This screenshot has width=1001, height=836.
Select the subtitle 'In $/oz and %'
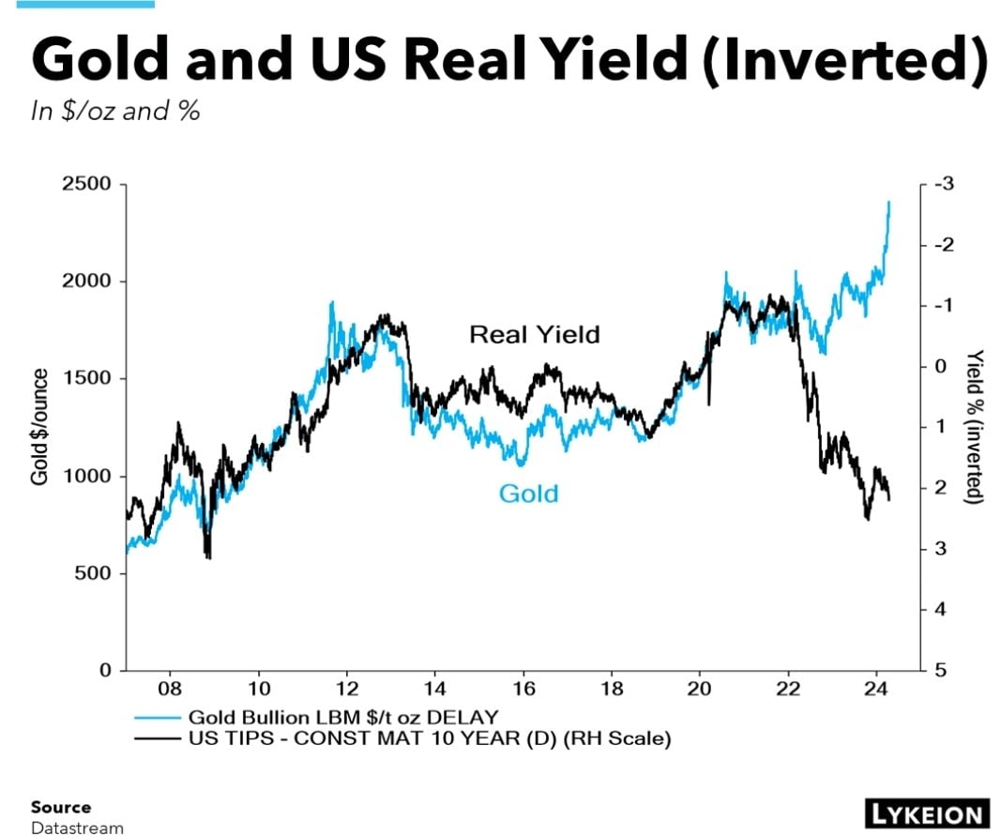coord(115,111)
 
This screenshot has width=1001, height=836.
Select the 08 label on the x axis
coord(170,687)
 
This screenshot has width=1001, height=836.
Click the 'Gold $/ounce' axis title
coord(39,427)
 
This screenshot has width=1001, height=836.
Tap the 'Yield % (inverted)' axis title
coord(976,427)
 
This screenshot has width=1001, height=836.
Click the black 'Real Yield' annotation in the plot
coord(534,334)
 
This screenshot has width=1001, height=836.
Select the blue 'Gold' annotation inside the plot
coord(528,494)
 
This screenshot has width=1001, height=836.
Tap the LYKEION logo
coord(923,813)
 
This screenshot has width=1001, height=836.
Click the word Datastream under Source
coord(76,827)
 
